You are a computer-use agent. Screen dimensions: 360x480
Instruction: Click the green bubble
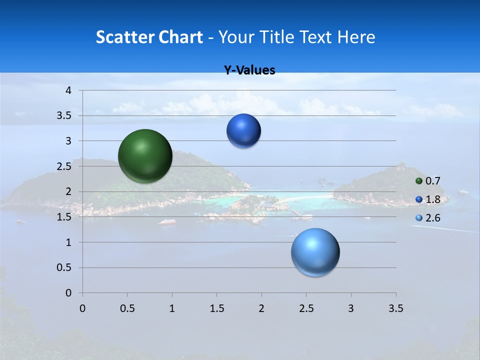pyautogui.click(x=145, y=156)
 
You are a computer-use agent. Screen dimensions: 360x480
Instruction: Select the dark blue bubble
pyautogui.click(x=244, y=131)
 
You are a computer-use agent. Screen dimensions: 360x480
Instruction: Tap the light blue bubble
pyautogui.click(x=315, y=252)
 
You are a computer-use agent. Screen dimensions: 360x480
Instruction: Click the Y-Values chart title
pyautogui.click(x=249, y=70)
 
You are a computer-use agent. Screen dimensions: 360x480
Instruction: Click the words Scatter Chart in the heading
pyautogui.click(x=149, y=37)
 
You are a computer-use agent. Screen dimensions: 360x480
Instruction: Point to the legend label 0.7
pyautogui.click(x=432, y=181)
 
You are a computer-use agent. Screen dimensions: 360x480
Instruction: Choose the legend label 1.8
pyautogui.click(x=432, y=199)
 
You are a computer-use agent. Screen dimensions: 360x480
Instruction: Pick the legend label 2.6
pyautogui.click(x=432, y=218)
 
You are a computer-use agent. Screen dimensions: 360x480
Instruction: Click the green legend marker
pyautogui.click(x=419, y=181)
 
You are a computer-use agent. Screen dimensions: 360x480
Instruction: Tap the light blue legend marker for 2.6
pyautogui.click(x=419, y=218)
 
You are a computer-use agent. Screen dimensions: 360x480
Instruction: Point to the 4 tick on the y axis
pyautogui.click(x=69, y=90)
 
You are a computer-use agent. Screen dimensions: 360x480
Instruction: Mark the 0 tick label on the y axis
pyautogui.click(x=69, y=293)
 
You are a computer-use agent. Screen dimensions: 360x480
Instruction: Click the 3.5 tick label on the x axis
pyautogui.click(x=395, y=308)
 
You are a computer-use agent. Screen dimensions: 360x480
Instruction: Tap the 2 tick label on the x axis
pyautogui.click(x=261, y=308)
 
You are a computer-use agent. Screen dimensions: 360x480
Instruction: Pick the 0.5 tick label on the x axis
pyautogui.click(x=127, y=308)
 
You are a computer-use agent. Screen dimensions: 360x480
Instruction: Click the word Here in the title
pyautogui.click(x=356, y=37)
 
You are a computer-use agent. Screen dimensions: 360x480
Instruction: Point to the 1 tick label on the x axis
pyautogui.click(x=172, y=308)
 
